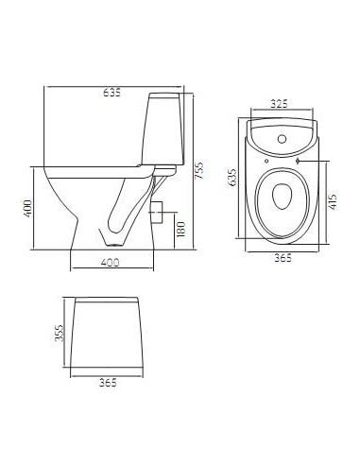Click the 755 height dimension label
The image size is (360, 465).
198,169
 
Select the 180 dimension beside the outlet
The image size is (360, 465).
180,228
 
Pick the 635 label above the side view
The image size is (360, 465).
111,93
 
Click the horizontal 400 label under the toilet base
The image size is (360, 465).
112,262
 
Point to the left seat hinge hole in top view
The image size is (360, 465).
267,163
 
